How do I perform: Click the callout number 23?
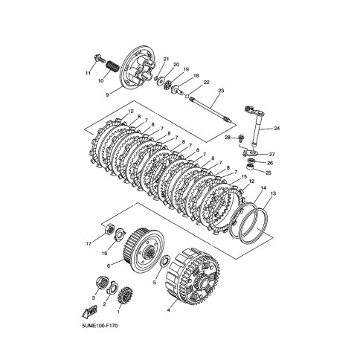pyautogui.click(x=221, y=91)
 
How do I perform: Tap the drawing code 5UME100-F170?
pyautogui.click(x=100, y=325)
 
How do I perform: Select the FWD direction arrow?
pyautogui.click(x=89, y=312)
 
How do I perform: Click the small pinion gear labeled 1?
pyautogui.click(x=124, y=295)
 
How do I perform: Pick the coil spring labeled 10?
pyautogui.click(x=113, y=65)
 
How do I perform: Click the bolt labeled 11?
pyautogui.click(x=99, y=59)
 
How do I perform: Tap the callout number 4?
pyautogui.click(x=169, y=310)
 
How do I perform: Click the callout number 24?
pyautogui.click(x=277, y=128)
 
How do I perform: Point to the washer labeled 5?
pyautogui.click(x=165, y=263)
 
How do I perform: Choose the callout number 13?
pyautogui.click(x=273, y=193)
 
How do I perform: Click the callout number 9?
pyautogui.click(x=107, y=95)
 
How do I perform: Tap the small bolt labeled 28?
pyautogui.click(x=242, y=138)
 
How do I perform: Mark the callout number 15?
pyautogui.click(x=244, y=176)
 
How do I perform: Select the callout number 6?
pyautogui.click(x=109, y=266)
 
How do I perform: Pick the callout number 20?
pyautogui.click(x=176, y=65)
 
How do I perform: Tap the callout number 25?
pyautogui.click(x=269, y=173)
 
